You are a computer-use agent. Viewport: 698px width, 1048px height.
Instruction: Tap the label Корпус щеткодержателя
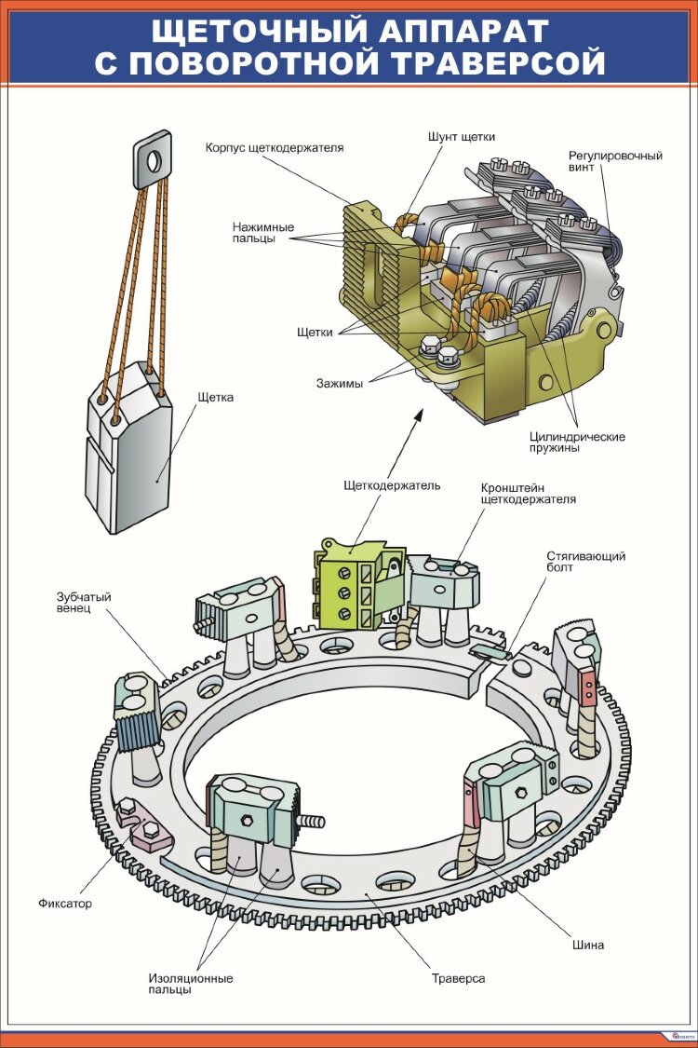pos(275,147)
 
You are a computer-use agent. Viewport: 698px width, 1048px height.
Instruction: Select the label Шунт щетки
pos(462,137)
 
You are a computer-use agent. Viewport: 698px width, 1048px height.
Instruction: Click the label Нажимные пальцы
pos(263,232)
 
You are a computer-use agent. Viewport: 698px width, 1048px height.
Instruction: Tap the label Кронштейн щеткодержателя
pos(528,493)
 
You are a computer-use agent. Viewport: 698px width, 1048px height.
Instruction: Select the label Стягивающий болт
pos(585,563)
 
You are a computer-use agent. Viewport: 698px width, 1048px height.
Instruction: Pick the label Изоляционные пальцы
pos(190,984)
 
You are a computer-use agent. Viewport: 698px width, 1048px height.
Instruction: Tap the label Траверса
pos(458,979)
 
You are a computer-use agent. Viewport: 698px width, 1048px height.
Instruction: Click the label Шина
pos(589,945)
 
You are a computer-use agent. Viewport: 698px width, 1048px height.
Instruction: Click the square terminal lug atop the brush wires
pos(154,159)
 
